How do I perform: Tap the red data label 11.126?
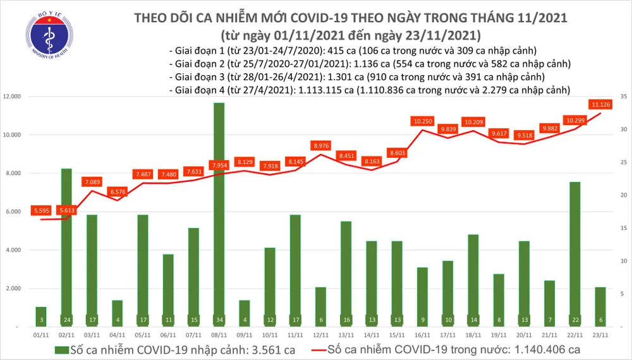click(600, 104)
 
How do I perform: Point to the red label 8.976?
click(322, 145)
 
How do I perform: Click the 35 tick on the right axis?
click(623, 97)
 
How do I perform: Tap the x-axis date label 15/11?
click(397, 337)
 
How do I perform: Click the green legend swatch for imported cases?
click(61, 349)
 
